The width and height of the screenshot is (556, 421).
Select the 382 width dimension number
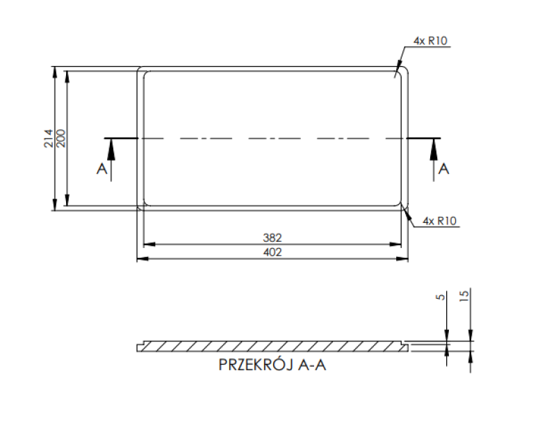272,237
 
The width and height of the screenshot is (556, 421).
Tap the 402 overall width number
272,252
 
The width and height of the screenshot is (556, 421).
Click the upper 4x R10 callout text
430,41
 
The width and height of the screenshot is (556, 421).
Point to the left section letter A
101,170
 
